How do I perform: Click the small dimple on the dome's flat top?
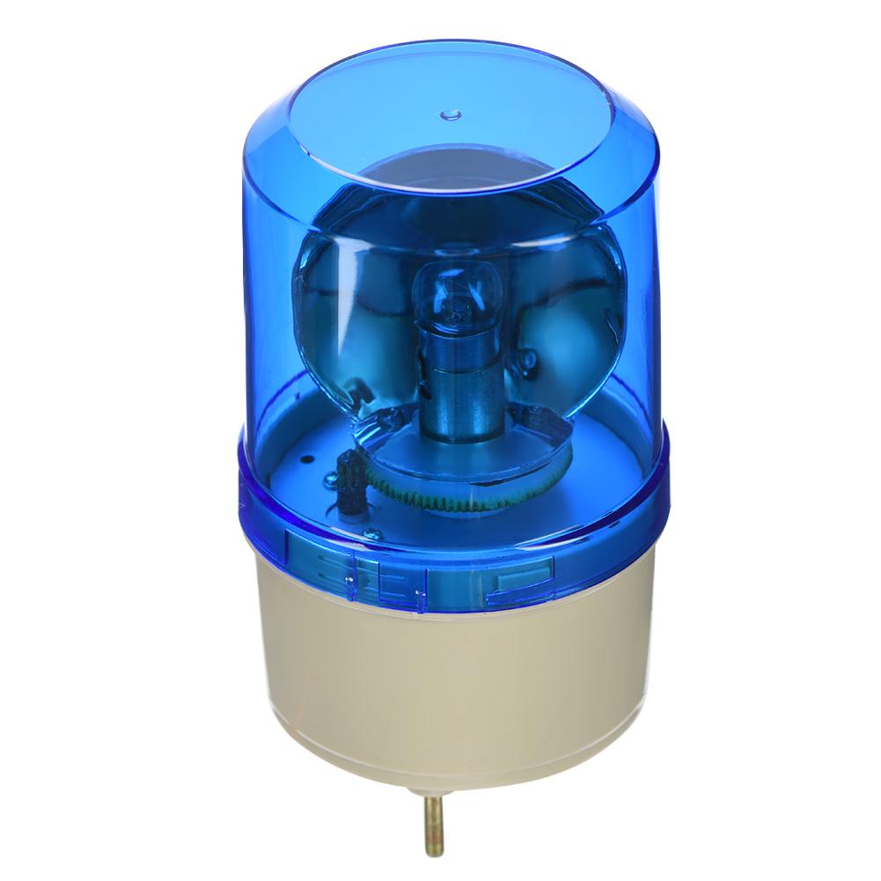[x=451, y=114]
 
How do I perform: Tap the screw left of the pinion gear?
[x=330, y=481]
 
